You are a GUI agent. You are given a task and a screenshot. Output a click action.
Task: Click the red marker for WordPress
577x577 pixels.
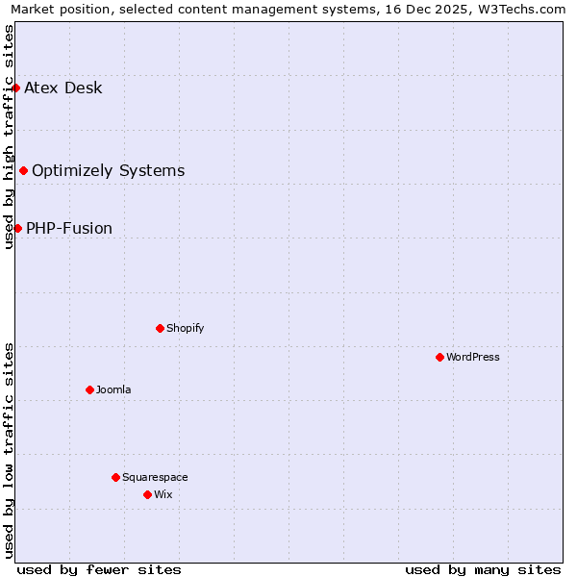[439, 357]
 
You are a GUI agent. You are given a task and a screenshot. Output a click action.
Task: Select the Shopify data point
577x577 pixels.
[160, 328]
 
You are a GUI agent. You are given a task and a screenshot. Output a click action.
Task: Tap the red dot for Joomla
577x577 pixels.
[89, 389]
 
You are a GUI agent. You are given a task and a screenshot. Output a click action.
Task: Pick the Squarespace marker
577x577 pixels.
[115, 477]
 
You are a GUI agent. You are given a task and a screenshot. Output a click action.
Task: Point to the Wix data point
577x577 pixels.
[147, 494]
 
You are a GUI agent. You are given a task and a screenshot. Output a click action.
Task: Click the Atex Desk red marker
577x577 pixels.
[15, 88]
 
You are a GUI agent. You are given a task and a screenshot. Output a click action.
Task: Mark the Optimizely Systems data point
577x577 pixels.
[23, 170]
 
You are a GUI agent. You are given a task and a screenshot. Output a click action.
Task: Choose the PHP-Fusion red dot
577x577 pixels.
[17, 228]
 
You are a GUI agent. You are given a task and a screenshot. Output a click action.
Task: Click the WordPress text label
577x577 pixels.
[473, 357]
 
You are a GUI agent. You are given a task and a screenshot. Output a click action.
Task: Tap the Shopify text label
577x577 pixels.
[186, 328]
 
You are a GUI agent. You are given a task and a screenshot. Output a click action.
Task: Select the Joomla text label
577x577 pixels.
[113, 389]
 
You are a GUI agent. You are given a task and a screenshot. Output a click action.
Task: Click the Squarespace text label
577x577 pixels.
[155, 477]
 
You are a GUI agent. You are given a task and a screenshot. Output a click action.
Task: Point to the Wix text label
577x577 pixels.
[163, 494]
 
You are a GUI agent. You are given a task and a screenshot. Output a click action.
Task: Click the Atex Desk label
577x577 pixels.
[63, 88]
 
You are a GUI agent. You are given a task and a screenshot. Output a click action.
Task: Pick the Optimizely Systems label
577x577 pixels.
[108, 171]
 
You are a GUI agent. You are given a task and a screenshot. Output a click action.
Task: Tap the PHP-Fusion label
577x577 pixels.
[69, 229]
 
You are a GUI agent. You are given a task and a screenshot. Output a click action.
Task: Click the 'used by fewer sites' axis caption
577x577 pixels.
[99, 569]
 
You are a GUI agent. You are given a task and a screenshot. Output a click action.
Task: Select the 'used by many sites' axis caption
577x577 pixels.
[483, 569]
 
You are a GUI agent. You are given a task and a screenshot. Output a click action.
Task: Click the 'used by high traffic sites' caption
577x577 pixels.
[9, 137]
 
